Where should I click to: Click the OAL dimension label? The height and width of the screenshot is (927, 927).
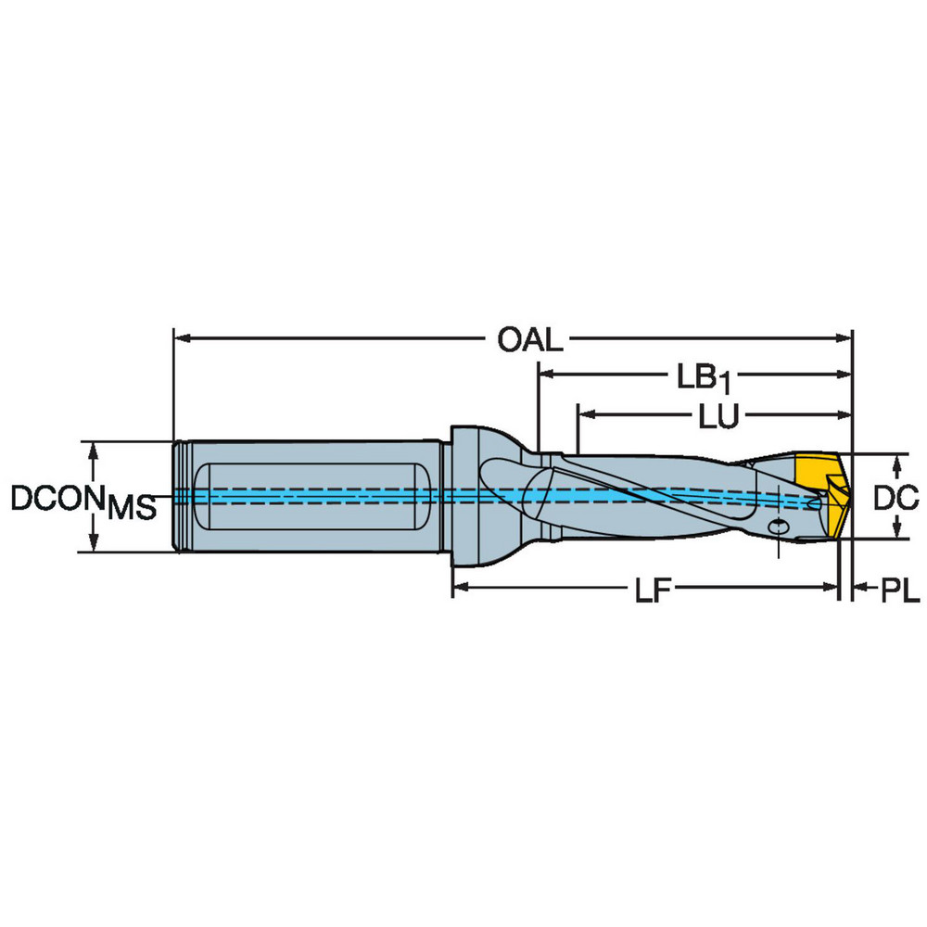529,340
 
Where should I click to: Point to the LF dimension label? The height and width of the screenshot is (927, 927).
653,590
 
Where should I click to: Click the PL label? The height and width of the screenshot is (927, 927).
900,590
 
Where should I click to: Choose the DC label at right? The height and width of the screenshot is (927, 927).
896,498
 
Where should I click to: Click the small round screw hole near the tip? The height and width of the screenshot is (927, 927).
779,527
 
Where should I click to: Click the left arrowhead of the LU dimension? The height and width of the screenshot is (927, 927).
586,415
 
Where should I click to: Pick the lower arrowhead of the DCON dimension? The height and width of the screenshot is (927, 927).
94,543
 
